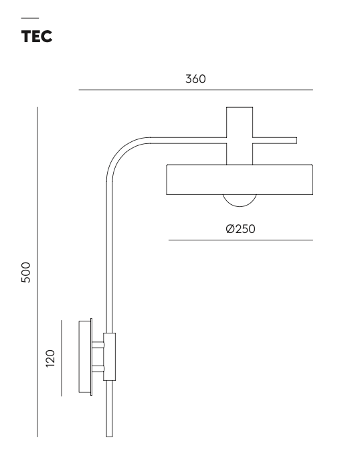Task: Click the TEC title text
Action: coord(37,37)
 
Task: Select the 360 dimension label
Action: coord(195,78)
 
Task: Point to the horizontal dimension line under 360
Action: coord(195,90)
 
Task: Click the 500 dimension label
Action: coord(26,273)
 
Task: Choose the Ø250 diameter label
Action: coord(241,229)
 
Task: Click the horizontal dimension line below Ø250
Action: coord(241,240)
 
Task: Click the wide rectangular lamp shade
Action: coord(239,179)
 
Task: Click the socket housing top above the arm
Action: coord(239,121)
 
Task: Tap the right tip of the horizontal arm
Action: coord(294,141)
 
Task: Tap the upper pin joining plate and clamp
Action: coord(98,345)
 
